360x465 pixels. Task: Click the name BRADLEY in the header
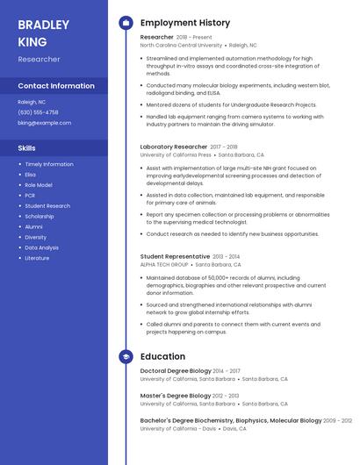[42, 25]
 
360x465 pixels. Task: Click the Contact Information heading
[56, 86]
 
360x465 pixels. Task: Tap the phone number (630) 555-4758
[38, 112]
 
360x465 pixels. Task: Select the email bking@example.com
[44, 123]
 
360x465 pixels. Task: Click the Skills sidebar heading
[26, 148]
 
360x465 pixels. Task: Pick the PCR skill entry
[30, 196]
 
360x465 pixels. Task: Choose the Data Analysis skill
[41, 247]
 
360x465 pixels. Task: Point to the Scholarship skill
[40, 216]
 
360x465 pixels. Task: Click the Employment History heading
[184, 23]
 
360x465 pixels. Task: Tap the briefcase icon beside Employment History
[126, 23]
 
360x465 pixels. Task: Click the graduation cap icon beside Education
[126, 356]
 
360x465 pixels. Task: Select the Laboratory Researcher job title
[173, 147]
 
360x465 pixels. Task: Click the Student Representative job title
[175, 257]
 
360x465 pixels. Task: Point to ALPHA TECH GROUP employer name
[164, 264]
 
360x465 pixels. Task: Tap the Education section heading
[162, 356]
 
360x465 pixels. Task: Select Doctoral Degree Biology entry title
[175, 372]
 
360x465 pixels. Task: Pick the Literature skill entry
[37, 258]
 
